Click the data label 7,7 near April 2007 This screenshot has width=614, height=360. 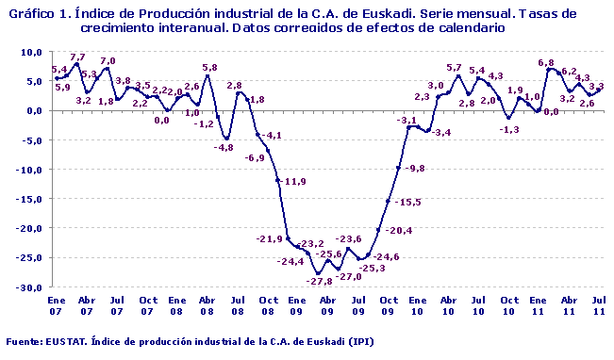click(77, 57)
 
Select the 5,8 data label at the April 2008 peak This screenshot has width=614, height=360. click(209, 68)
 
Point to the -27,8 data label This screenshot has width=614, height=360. click(321, 282)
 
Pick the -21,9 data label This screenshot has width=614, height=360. click(270, 238)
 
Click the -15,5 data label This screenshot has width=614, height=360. click(407, 203)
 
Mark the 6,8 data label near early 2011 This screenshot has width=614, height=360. click(545, 63)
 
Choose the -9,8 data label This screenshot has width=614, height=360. click(414, 168)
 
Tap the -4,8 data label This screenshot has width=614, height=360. click(224, 148)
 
